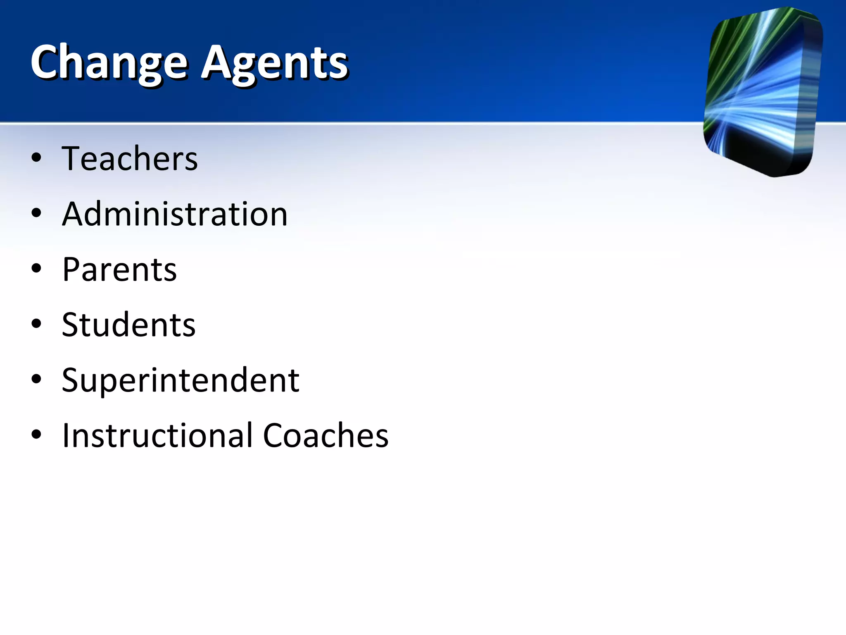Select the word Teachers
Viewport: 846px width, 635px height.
[130, 159]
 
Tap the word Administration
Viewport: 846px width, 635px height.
[175, 214]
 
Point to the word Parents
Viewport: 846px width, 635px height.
[119, 270]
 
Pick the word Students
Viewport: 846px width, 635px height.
[128, 325]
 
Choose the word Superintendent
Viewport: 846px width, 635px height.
[181, 380]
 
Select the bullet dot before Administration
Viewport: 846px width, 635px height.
[36, 213]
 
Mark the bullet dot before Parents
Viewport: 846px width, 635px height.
[36, 268]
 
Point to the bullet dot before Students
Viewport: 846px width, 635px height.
[36, 324]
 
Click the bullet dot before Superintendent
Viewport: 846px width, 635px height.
[36, 379]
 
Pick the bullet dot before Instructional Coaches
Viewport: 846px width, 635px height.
[36, 434]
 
